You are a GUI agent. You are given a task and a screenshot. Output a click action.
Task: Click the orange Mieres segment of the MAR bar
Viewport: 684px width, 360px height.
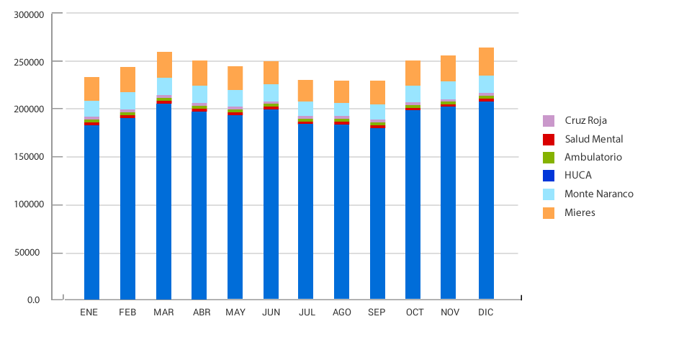click(164, 65)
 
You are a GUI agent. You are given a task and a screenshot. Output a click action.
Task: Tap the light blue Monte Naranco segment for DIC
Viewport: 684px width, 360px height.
click(486, 85)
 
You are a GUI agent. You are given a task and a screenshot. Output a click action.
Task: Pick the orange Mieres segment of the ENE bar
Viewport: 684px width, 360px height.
click(91, 89)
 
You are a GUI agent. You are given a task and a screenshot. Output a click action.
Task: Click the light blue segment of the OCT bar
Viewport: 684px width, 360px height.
click(413, 94)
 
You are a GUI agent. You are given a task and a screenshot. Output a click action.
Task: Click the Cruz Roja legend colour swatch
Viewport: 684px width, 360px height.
click(549, 120)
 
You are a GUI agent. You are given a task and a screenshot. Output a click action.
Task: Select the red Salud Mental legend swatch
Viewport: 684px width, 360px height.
click(549, 139)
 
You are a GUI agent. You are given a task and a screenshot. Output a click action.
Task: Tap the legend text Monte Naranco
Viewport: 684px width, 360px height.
click(598, 194)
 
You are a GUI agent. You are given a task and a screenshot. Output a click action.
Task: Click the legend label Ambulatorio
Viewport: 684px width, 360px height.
click(593, 157)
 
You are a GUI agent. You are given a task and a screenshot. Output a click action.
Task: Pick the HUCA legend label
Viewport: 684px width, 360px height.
click(579, 175)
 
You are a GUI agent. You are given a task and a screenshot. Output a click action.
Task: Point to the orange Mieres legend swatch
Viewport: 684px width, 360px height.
click(549, 212)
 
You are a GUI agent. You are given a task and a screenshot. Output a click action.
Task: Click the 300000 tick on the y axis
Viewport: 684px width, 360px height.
click(30, 14)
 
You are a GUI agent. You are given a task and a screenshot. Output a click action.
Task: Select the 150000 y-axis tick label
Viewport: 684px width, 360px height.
click(30, 157)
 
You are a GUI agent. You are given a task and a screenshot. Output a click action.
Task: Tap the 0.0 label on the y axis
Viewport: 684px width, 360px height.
click(34, 300)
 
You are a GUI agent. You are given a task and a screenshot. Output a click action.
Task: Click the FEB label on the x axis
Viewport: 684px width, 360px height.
click(127, 312)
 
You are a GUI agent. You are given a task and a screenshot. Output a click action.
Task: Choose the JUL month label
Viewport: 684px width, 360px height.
click(307, 312)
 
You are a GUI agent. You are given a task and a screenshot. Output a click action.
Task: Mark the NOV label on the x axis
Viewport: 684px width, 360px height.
click(449, 312)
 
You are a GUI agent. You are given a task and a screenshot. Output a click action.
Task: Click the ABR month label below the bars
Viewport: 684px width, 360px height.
click(202, 312)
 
